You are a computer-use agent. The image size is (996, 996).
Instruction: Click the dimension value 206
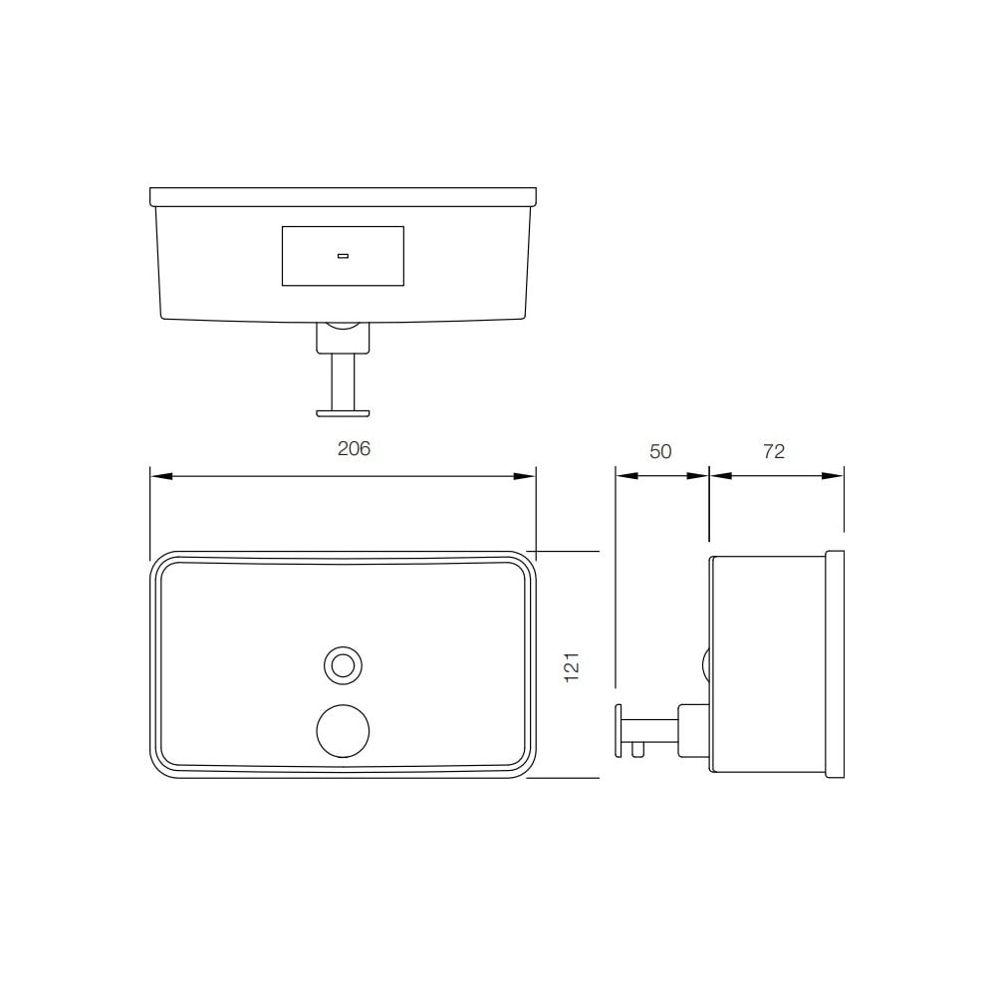pos(354,449)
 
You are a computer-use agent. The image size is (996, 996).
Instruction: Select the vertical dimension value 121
pos(572,665)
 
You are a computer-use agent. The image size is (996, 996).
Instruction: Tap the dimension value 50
pos(660,451)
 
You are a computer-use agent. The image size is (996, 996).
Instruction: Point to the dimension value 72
pos(774,451)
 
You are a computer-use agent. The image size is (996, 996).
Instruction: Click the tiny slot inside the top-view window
pos(343,256)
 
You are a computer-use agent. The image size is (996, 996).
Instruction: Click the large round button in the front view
pos(343,730)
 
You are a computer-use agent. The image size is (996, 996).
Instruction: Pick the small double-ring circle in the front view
pos(343,665)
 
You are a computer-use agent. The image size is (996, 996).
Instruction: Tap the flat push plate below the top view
pos(343,410)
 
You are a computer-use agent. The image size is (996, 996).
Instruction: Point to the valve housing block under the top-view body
pos(343,339)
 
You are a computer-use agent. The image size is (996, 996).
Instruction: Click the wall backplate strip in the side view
pos(835,664)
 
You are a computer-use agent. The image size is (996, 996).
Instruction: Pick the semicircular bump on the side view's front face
pos(706,664)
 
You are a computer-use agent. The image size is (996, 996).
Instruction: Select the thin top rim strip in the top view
pos(343,196)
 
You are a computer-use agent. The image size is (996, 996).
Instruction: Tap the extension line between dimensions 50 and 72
pos(709,498)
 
